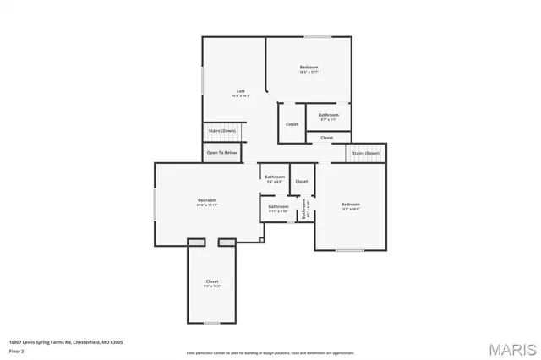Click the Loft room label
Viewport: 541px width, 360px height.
[x=240, y=93]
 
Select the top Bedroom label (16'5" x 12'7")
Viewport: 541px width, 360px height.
[x=309, y=69]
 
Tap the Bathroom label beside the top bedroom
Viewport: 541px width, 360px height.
[x=328, y=117]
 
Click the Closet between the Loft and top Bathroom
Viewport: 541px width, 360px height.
[x=292, y=124]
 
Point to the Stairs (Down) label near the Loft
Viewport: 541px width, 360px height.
[x=221, y=131]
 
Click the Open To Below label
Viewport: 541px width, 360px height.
[x=221, y=153]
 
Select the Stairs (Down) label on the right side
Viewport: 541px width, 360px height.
[x=365, y=153]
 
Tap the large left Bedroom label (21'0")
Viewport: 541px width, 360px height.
[x=207, y=202]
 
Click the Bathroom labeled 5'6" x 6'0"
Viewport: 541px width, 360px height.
[x=275, y=178]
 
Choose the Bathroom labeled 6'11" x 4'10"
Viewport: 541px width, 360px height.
[x=278, y=208]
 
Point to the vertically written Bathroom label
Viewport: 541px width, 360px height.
[x=304, y=209]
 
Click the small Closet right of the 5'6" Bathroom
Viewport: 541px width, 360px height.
[x=301, y=181]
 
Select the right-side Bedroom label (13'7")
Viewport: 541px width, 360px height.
[x=350, y=206]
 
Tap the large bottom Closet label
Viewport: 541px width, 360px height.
[x=212, y=283]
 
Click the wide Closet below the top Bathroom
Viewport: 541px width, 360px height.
[x=326, y=138]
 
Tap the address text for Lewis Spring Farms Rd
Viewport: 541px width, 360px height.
[x=66, y=341]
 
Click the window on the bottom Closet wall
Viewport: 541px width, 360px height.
[x=211, y=323]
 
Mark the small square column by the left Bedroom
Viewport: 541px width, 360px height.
[x=262, y=240]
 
